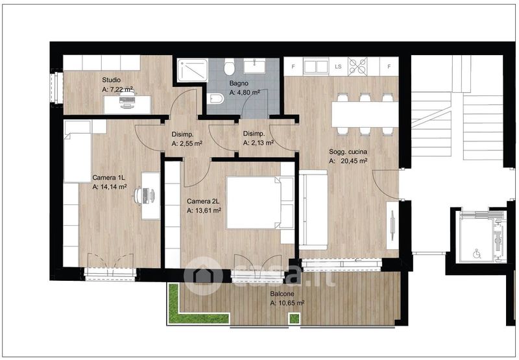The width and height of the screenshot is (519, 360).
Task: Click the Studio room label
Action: (x=111, y=80)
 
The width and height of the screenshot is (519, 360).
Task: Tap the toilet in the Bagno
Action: (x=229, y=66)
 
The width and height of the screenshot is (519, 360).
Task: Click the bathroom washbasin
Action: (x=254, y=66)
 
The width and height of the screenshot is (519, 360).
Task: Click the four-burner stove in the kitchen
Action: (x=357, y=66)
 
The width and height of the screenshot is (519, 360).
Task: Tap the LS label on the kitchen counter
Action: (x=338, y=67)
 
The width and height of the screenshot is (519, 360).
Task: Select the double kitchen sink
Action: (x=316, y=66)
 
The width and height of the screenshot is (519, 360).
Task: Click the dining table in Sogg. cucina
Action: (x=365, y=114)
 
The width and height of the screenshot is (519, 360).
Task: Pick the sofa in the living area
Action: (x=313, y=210)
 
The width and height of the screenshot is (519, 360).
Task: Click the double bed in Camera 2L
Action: (x=260, y=203)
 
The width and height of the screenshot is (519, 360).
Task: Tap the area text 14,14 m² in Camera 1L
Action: (x=110, y=187)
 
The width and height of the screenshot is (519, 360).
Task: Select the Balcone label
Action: (x=282, y=293)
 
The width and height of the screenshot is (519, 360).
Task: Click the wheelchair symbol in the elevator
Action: (x=477, y=254)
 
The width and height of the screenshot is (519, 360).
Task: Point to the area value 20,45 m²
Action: (x=354, y=161)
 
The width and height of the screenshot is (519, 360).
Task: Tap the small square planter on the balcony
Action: (x=294, y=318)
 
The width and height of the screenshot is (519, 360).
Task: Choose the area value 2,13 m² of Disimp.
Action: (x=258, y=143)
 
